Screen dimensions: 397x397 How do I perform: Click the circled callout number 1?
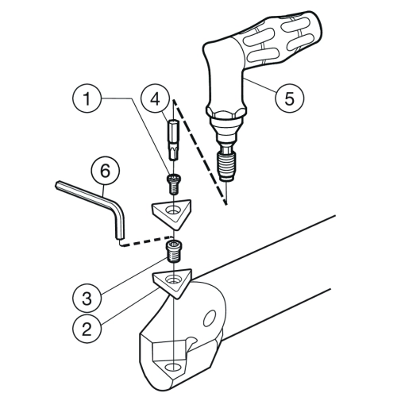pos(87,98)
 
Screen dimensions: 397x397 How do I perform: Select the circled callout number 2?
pos(87,330)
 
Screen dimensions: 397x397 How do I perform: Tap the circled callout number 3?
pos(87,298)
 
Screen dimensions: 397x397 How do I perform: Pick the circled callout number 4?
pos(155,99)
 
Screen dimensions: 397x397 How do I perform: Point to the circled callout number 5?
pos(289,98)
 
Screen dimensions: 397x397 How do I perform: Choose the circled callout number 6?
pos(105,171)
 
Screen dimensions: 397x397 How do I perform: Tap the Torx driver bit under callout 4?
pos(173,140)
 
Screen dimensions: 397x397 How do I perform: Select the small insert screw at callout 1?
pos(174,184)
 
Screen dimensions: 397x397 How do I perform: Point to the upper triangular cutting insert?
pos(172,213)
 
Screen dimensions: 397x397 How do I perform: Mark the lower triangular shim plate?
pos(172,283)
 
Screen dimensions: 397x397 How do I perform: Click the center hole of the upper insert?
pos(172,210)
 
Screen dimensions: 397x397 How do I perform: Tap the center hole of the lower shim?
pos(172,279)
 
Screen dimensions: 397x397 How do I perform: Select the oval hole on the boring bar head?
pos(210,318)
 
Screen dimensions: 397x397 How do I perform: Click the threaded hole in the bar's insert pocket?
pos(173,367)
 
